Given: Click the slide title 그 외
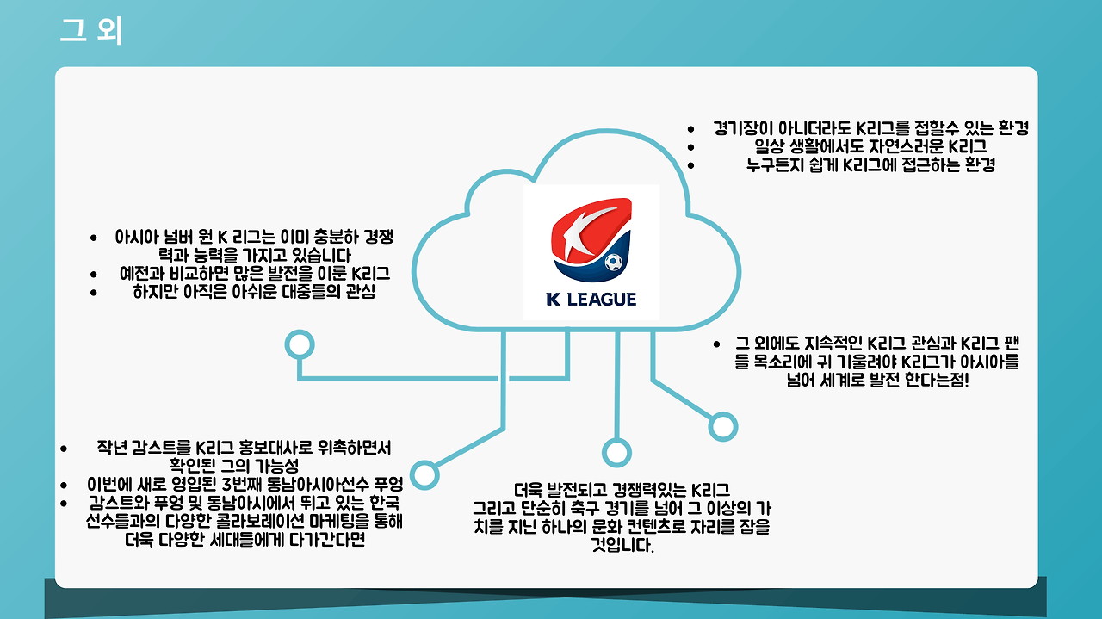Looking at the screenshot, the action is tap(91, 30).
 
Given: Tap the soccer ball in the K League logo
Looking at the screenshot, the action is tap(613, 262).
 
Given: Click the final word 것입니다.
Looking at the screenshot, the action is tap(622, 545).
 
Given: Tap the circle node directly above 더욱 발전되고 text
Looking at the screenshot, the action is tap(616, 452).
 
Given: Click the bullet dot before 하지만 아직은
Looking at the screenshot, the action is tap(94, 293).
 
